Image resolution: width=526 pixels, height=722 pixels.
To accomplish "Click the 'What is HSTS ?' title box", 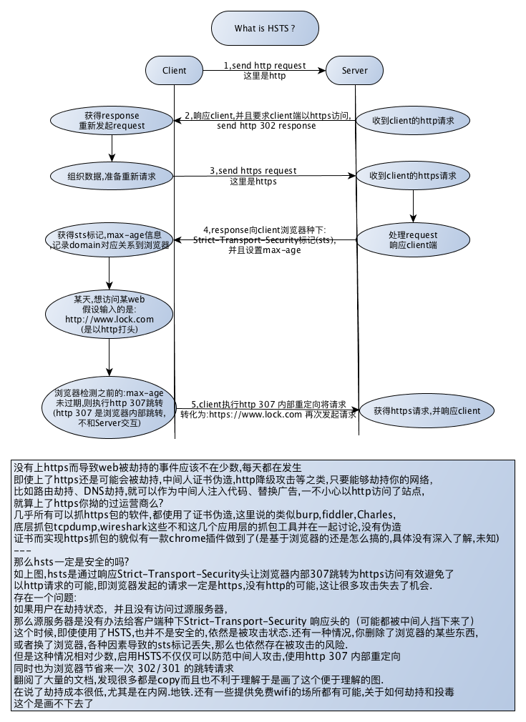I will tap(265, 29).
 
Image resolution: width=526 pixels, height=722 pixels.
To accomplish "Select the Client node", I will tap(175, 70).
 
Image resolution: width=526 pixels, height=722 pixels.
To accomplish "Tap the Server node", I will tap(355, 70).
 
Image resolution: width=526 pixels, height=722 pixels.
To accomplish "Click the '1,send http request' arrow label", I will tap(264, 65).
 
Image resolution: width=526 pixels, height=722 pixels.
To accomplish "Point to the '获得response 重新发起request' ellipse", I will tap(112, 120).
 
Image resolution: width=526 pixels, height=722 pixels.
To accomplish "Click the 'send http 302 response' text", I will tap(266, 126).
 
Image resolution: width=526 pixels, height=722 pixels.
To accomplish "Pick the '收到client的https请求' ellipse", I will tap(413, 175).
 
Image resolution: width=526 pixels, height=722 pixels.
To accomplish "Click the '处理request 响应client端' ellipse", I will tap(413, 239).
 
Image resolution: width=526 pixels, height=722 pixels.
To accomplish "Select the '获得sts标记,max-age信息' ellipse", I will tap(108, 239).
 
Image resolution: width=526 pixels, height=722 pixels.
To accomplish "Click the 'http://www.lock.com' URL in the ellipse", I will tap(109, 318).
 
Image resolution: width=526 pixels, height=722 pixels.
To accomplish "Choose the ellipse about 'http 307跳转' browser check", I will tap(109, 409).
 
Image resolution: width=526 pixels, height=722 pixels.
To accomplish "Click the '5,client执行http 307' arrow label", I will tap(268, 403).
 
